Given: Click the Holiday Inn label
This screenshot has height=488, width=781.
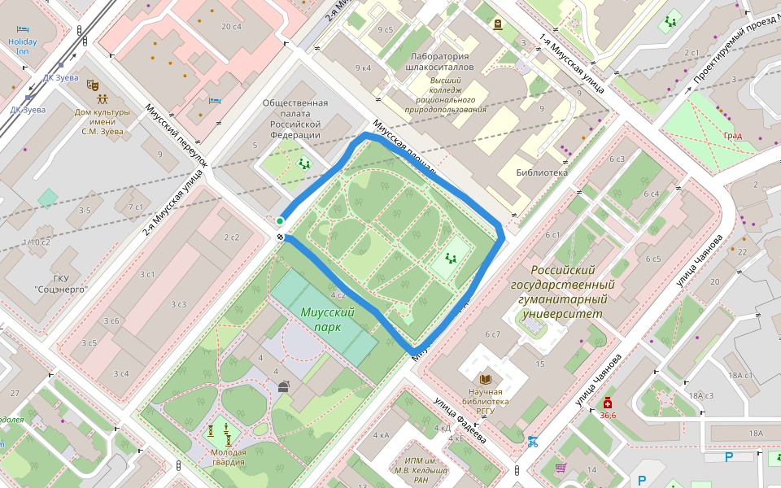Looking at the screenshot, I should [x=22, y=46].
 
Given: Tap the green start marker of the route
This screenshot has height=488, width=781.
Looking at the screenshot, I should [x=280, y=221].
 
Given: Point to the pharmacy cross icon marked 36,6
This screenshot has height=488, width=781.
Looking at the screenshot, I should [x=608, y=403].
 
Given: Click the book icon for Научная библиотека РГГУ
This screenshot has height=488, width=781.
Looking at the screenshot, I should [x=486, y=379].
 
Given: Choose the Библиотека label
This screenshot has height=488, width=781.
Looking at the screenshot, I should [x=542, y=172].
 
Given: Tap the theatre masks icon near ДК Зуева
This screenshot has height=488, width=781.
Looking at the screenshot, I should [x=93, y=84].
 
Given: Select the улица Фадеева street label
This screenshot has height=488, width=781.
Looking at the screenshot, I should [x=460, y=420].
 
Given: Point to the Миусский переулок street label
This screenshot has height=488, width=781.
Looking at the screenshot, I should [x=177, y=135].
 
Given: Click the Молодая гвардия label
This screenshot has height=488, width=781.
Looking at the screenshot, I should [x=228, y=457].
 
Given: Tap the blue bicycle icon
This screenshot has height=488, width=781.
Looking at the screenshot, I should [x=533, y=442].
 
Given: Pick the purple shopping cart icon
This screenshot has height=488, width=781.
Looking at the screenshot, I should [x=561, y=468].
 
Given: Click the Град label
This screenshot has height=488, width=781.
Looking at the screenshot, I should [x=732, y=136].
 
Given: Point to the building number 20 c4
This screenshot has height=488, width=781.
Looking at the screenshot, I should [x=232, y=27].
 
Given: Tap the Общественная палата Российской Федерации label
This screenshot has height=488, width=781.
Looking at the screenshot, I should [x=295, y=119].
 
